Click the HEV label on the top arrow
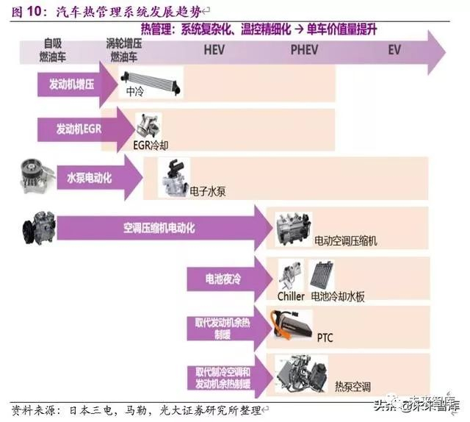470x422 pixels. coord(214,50)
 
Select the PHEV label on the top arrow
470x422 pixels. coord(305,50)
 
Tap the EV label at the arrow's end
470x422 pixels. coord(394,50)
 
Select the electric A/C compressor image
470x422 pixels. coord(294,228)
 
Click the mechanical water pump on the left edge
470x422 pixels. coord(33,177)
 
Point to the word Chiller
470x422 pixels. coord(291,296)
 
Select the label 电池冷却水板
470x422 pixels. coord(338,296)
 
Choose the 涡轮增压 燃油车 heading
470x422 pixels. coord(125,49)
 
